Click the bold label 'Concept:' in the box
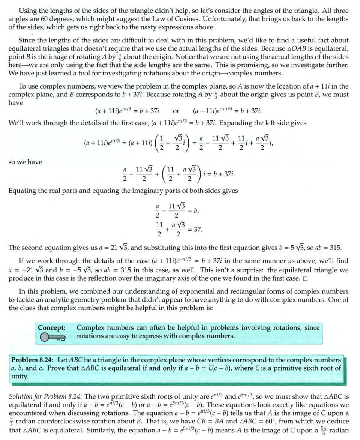point(52,327)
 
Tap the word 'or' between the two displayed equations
point(176,111)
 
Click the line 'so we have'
point(25,162)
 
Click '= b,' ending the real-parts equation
point(193,210)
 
